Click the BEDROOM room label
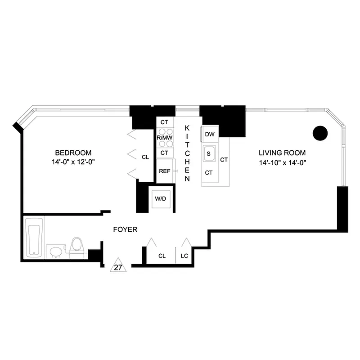pos(73,153)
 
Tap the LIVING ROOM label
pos(282,153)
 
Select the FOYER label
pos(125,229)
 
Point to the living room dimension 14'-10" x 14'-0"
pos(282,162)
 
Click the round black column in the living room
pos(320,132)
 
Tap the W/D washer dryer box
pos(161,198)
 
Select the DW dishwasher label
pos(209,134)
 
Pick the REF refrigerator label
pos(164,171)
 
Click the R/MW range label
pos(164,137)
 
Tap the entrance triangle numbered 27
pos(118,265)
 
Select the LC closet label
pos(184,256)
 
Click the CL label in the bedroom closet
pos(145,157)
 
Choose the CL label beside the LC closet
pos(162,256)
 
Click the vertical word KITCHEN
pos(187,153)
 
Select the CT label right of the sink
pos(224,159)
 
